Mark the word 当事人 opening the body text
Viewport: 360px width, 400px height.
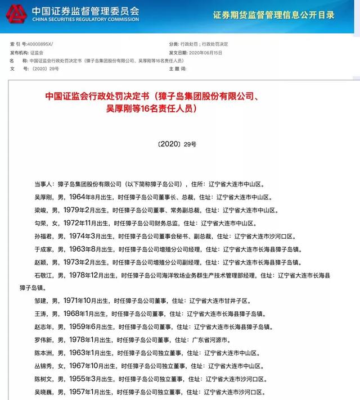43,184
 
